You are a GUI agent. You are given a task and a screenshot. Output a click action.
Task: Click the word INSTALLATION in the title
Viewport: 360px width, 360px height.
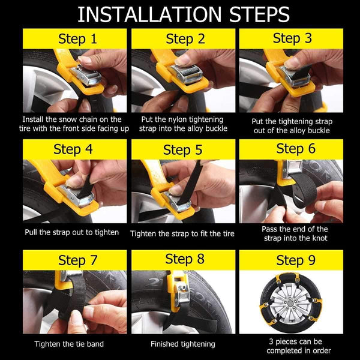(x=149, y=14)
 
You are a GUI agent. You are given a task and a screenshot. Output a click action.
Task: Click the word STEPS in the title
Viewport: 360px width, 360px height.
(x=259, y=14)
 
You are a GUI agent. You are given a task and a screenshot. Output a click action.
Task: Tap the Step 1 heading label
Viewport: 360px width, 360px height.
(x=77, y=38)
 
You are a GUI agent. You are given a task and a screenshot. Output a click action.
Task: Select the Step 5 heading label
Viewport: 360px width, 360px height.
(x=182, y=149)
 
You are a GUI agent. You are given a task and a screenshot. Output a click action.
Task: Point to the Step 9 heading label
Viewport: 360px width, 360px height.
(x=296, y=260)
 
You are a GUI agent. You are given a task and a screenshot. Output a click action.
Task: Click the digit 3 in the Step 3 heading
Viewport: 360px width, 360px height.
(x=308, y=38)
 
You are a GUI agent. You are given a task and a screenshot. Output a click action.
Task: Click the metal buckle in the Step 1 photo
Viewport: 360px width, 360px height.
(x=86, y=75)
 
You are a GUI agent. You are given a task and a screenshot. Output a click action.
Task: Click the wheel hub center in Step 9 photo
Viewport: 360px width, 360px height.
(x=290, y=303)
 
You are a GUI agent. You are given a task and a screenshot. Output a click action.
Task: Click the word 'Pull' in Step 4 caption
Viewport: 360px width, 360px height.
(x=31, y=232)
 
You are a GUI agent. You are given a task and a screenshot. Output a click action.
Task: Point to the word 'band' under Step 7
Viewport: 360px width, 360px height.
(x=95, y=344)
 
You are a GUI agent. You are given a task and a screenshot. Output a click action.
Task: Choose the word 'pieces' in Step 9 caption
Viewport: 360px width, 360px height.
(x=287, y=342)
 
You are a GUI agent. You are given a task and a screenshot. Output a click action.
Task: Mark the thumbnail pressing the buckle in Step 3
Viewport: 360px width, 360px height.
(x=291, y=62)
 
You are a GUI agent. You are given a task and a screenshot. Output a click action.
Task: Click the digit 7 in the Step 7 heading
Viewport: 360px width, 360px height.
(x=94, y=260)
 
